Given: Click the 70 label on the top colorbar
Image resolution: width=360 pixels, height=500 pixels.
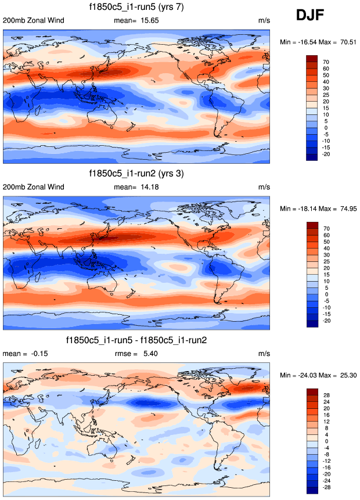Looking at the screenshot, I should (326, 61).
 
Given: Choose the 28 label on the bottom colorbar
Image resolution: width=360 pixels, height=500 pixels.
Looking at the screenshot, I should (326, 394).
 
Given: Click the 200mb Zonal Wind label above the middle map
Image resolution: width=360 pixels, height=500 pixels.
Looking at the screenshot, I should (34, 187).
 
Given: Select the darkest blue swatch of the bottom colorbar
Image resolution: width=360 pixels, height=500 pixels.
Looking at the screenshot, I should (312, 491).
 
